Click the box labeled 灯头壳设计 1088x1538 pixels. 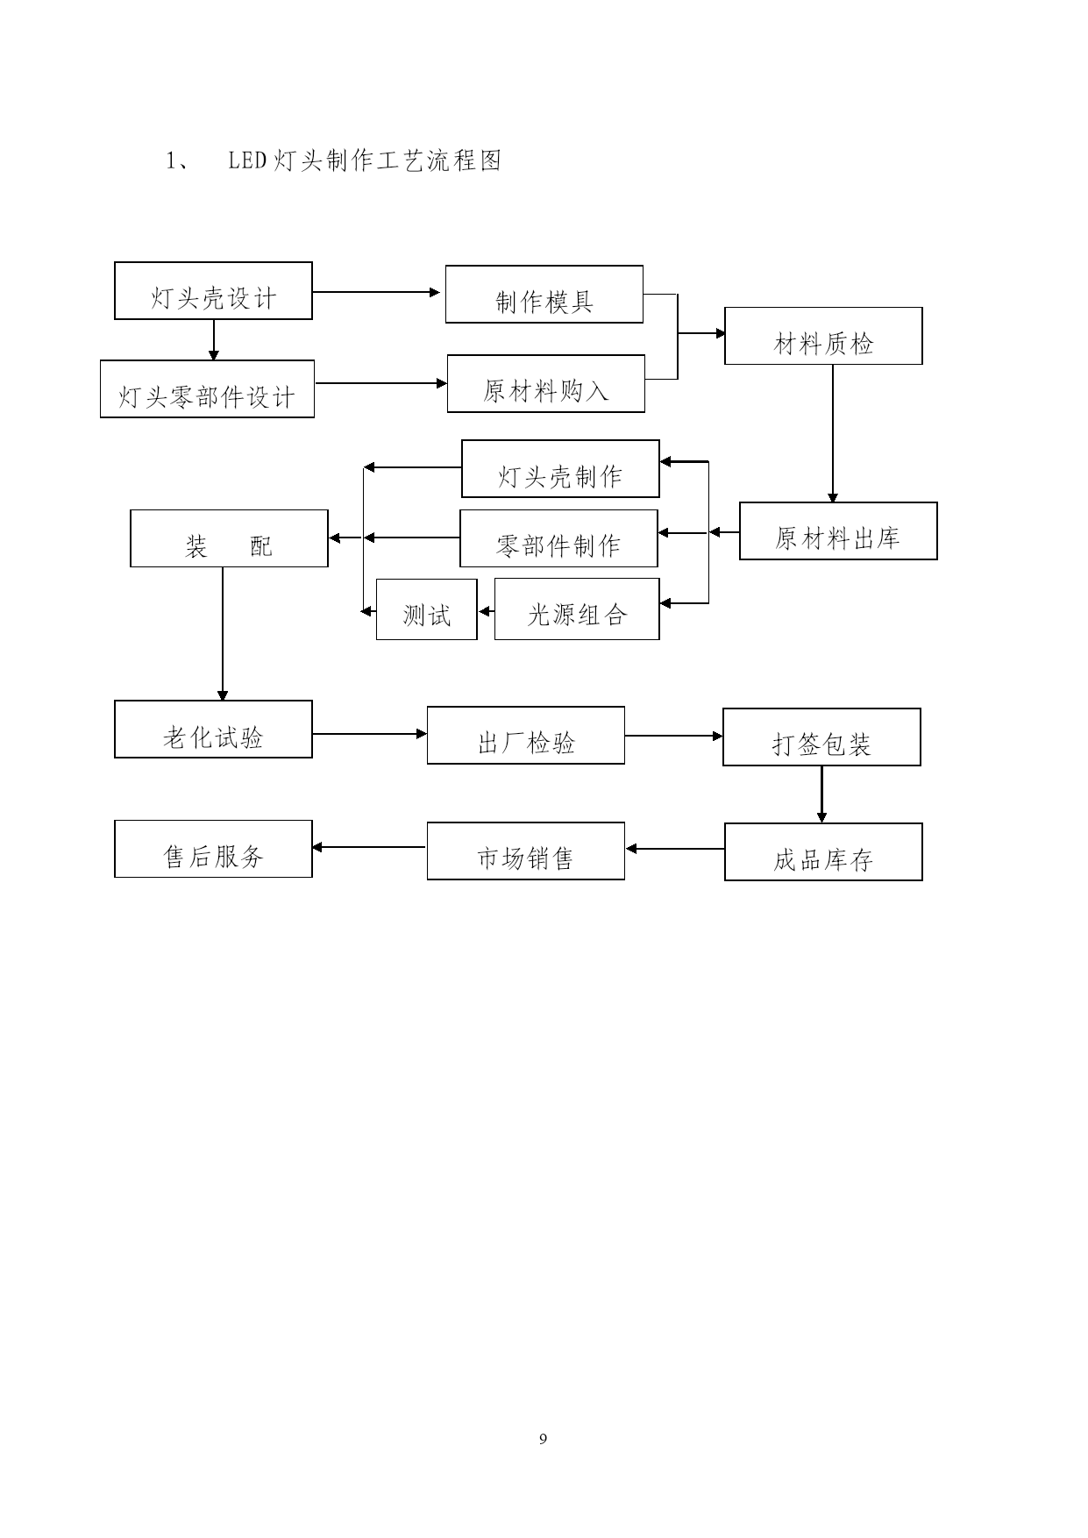tap(213, 290)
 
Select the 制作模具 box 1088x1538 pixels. tap(544, 294)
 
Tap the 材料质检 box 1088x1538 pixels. tap(823, 336)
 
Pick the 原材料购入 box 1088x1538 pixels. tap(546, 383)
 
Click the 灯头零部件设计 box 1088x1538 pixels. tap(207, 388)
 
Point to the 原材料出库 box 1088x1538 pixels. tap(838, 530)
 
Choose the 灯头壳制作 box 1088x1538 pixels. tap(560, 468)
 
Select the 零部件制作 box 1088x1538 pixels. tap(558, 538)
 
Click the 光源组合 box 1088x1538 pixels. tap(577, 609)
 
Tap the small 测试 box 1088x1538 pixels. tap(427, 609)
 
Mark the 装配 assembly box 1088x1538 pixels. tap(229, 538)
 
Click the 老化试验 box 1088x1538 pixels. tap(213, 729)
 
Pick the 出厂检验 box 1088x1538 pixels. tap(526, 735)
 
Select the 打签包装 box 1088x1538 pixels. tap(821, 737)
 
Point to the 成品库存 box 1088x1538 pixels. tap(823, 851)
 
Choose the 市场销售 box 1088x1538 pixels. tap(526, 851)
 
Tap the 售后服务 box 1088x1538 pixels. tap(213, 849)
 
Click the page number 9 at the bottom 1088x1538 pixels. tap(544, 1439)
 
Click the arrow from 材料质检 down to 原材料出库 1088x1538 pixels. tap(833, 434)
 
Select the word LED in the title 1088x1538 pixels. tap(247, 161)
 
